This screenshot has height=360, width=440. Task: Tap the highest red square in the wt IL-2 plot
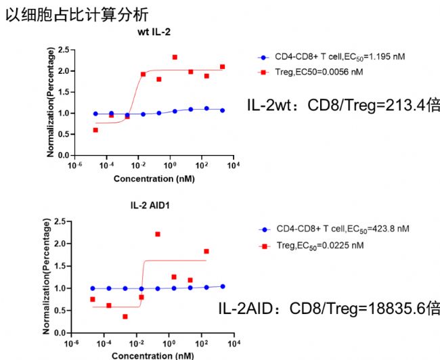pos(175,58)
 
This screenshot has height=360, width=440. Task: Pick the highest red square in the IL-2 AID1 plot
pos(158,234)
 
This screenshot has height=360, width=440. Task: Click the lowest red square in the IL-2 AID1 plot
pos(125,316)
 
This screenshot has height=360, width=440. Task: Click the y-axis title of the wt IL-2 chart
pos(50,102)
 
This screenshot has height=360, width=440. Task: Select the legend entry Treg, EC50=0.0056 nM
pos(322,71)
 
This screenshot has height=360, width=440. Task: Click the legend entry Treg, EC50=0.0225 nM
pos(322,245)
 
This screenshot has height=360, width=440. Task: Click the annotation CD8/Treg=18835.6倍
pos(330,309)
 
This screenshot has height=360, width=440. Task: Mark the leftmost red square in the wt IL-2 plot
pos(95,130)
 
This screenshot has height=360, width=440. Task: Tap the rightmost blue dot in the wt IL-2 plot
pos(222,110)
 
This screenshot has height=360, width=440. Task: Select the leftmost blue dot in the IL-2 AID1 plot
pos(93,288)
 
